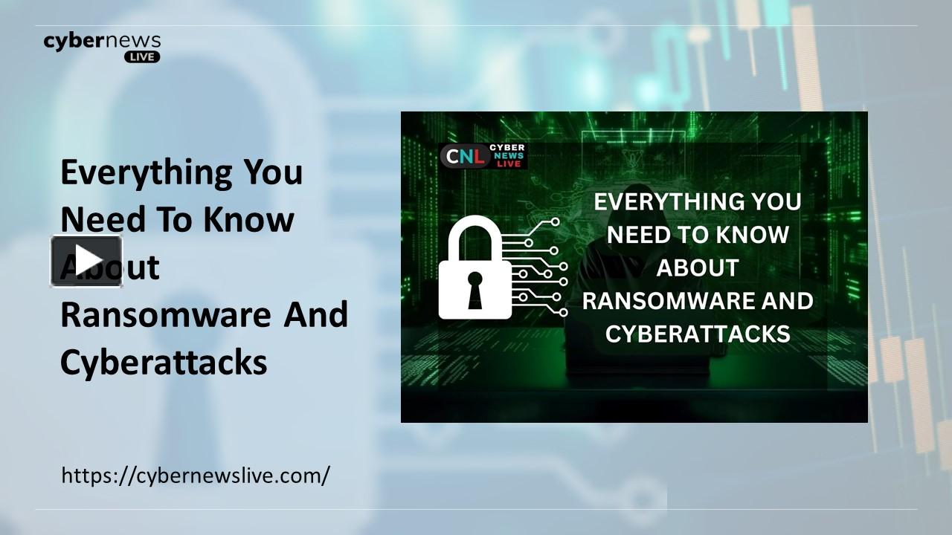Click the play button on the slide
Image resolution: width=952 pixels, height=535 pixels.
pos(86,261)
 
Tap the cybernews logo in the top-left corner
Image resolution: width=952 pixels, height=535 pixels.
pos(102,41)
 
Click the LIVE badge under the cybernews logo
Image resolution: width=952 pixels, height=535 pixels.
pos(142,56)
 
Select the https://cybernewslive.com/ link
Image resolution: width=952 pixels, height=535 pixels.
pos(195,475)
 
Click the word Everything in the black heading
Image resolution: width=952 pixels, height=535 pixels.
pos(146,173)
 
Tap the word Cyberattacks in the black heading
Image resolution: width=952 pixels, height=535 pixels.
pos(164,363)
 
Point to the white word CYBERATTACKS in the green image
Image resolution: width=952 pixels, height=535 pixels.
pos(697,334)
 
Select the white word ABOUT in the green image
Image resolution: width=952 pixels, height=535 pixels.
pos(697,267)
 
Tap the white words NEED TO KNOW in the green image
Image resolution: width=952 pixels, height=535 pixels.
pos(697,235)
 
